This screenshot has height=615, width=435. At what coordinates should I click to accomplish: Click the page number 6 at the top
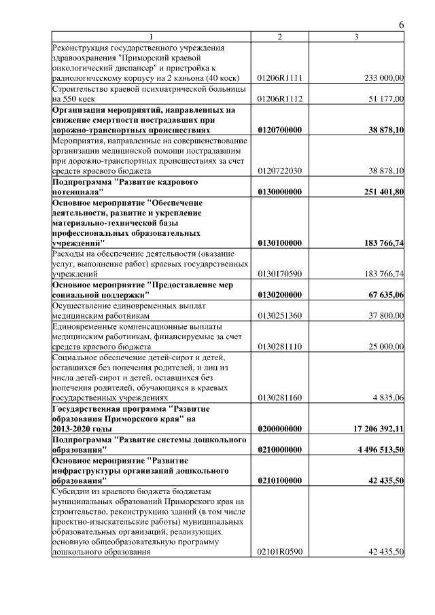[401, 25]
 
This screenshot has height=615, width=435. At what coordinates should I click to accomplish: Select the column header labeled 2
[279, 36]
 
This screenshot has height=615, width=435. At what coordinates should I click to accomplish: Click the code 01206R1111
[280, 79]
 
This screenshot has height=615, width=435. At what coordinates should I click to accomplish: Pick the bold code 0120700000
[280, 130]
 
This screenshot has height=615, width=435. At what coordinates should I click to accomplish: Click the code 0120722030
[280, 171]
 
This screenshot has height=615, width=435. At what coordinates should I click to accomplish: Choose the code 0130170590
[280, 274]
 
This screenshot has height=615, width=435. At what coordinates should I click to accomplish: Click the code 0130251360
[280, 315]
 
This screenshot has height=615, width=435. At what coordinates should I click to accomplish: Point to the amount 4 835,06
[388, 398]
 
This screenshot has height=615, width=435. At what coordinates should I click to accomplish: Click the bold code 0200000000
[280, 429]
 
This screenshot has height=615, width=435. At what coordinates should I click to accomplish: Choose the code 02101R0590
[280, 552]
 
